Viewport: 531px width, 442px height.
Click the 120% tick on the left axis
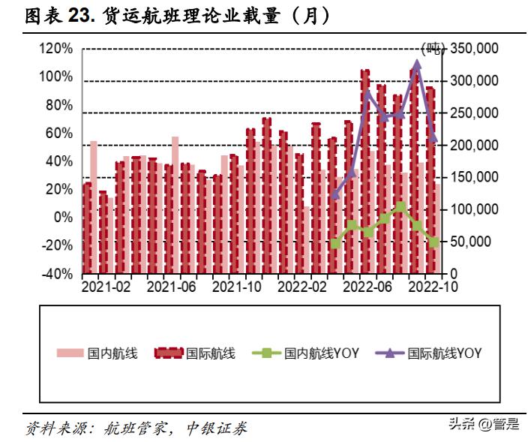[x=56, y=49]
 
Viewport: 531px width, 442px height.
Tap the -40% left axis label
[x=56, y=274]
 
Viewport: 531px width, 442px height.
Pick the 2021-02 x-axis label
[x=106, y=287]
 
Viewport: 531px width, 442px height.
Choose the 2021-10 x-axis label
[x=237, y=287]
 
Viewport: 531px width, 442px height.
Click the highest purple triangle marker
[x=417, y=64]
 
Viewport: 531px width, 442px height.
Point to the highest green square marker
[x=400, y=206]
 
